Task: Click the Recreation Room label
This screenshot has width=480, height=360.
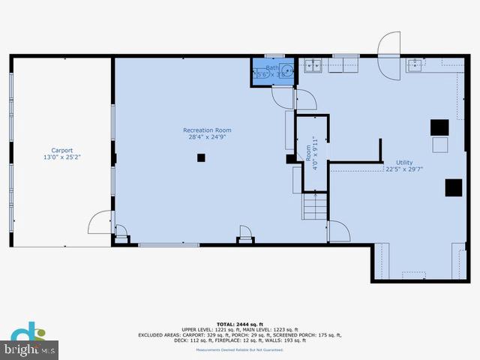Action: click(207, 130)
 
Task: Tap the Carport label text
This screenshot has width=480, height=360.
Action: click(61, 150)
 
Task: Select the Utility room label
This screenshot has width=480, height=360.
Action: click(404, 162)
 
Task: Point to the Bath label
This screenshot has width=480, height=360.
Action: click(271, 67)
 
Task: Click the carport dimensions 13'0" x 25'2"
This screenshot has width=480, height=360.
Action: click(61, 157)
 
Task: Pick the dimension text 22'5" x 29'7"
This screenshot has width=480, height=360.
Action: click(404, 169)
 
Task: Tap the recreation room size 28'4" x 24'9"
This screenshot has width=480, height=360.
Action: click(207, 138)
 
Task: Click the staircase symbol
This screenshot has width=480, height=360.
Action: click(315, 205)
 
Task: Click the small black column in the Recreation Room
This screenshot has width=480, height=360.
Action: click(201, 157)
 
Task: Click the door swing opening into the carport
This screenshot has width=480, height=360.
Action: click(100, 223)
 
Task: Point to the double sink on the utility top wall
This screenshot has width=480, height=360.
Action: click(313, 65)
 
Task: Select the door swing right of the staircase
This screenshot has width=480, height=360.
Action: click(338, 230)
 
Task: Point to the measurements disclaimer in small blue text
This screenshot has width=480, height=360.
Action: click(240, 349)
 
